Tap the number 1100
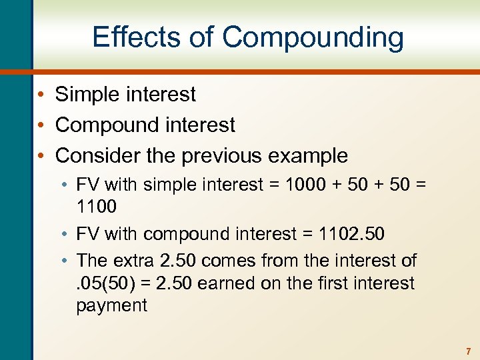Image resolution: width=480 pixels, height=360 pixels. pyautogui.click(x=96, y=207)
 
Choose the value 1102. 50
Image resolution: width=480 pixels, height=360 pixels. pyautogui.click(x=352, y=234)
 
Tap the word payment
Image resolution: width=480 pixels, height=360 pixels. pyautogui.click(x=111, y=306)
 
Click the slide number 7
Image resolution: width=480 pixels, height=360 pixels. pyautogui.click(x=468, y=351)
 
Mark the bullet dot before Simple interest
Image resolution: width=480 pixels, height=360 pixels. pyautogui.click(x=41, y=95)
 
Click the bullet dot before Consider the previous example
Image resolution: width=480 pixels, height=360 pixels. pyautogui.click(x=41, y=156)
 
